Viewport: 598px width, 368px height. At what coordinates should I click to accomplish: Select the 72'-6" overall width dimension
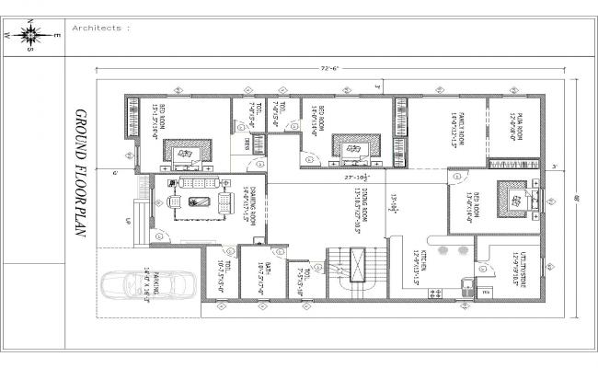click(x=332, y=68)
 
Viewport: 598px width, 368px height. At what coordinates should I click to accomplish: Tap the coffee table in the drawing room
click(x=197, y=202)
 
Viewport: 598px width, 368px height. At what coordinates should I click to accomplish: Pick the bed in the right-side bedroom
click(x=512, y=200)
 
